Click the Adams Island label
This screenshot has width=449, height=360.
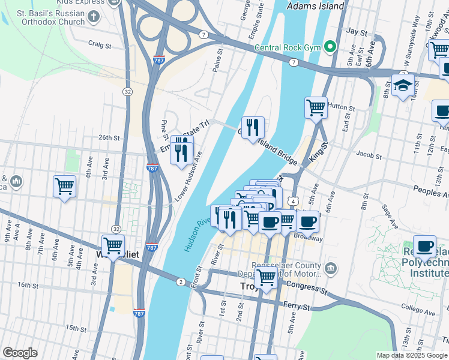click(316, 6)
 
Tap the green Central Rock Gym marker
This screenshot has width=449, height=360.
click(330, 47)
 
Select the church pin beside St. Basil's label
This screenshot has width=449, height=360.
click(94, 16)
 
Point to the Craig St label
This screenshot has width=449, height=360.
click(100, 45)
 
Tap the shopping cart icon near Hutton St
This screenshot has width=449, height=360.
click(316, 108)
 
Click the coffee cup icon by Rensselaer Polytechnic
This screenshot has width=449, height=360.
click(425, 245)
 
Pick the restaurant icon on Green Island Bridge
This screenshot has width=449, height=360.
click(253, 127)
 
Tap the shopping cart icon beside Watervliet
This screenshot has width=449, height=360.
click(113, 245)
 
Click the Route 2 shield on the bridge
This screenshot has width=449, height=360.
click(181, 281)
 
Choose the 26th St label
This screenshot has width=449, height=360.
click(109, 137)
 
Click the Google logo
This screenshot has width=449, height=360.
click(20, 353)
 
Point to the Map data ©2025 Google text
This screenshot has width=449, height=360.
click(411, 355)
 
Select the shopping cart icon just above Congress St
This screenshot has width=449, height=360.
click(265, 278)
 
